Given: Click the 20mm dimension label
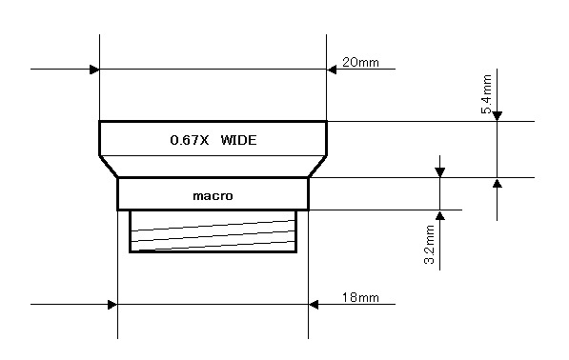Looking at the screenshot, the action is [360, 62].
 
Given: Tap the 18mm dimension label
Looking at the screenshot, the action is [360, 298].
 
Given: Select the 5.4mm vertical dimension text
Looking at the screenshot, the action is [487, 94].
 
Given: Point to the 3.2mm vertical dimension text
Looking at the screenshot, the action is [429, 245].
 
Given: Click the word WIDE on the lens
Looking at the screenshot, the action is [238, 140].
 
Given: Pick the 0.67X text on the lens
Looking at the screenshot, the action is [190, 140].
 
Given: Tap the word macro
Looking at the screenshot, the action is [213, 196].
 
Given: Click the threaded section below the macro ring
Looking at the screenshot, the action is [213, 230].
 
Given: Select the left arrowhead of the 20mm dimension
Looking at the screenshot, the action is [94, 70].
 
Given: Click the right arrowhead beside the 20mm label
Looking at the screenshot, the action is [332, 70].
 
